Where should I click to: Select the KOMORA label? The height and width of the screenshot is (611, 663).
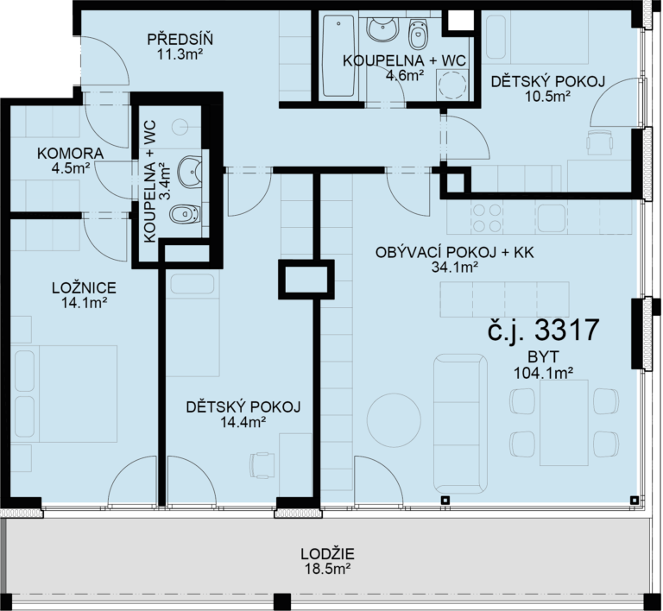coord(70,154)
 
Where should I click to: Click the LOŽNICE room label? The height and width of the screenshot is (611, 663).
coord(84,287)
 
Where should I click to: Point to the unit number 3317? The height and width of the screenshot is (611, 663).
coord(567,329)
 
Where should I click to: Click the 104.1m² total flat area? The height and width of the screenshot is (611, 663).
coord(543,373)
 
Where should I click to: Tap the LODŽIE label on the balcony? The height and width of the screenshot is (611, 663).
coord(328,553)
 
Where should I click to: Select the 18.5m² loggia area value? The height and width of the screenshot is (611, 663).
coord(328,569)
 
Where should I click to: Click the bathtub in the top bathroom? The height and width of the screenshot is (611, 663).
coord(338,56)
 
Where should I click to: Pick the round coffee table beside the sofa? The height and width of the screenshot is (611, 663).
coord(394,419)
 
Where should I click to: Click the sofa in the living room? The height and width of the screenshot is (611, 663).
coord(460,424)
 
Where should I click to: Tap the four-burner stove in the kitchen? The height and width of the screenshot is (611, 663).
coord(486,218)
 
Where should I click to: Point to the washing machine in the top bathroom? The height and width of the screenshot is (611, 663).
coord(452,85)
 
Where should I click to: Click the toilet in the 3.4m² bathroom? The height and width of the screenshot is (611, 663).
coord(186,214)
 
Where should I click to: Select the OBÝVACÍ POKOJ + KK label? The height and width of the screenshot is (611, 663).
coord(455,253)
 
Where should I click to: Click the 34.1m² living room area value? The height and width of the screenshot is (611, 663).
coord(455,268)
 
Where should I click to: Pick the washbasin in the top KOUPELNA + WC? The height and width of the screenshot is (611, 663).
coord(382,29)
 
